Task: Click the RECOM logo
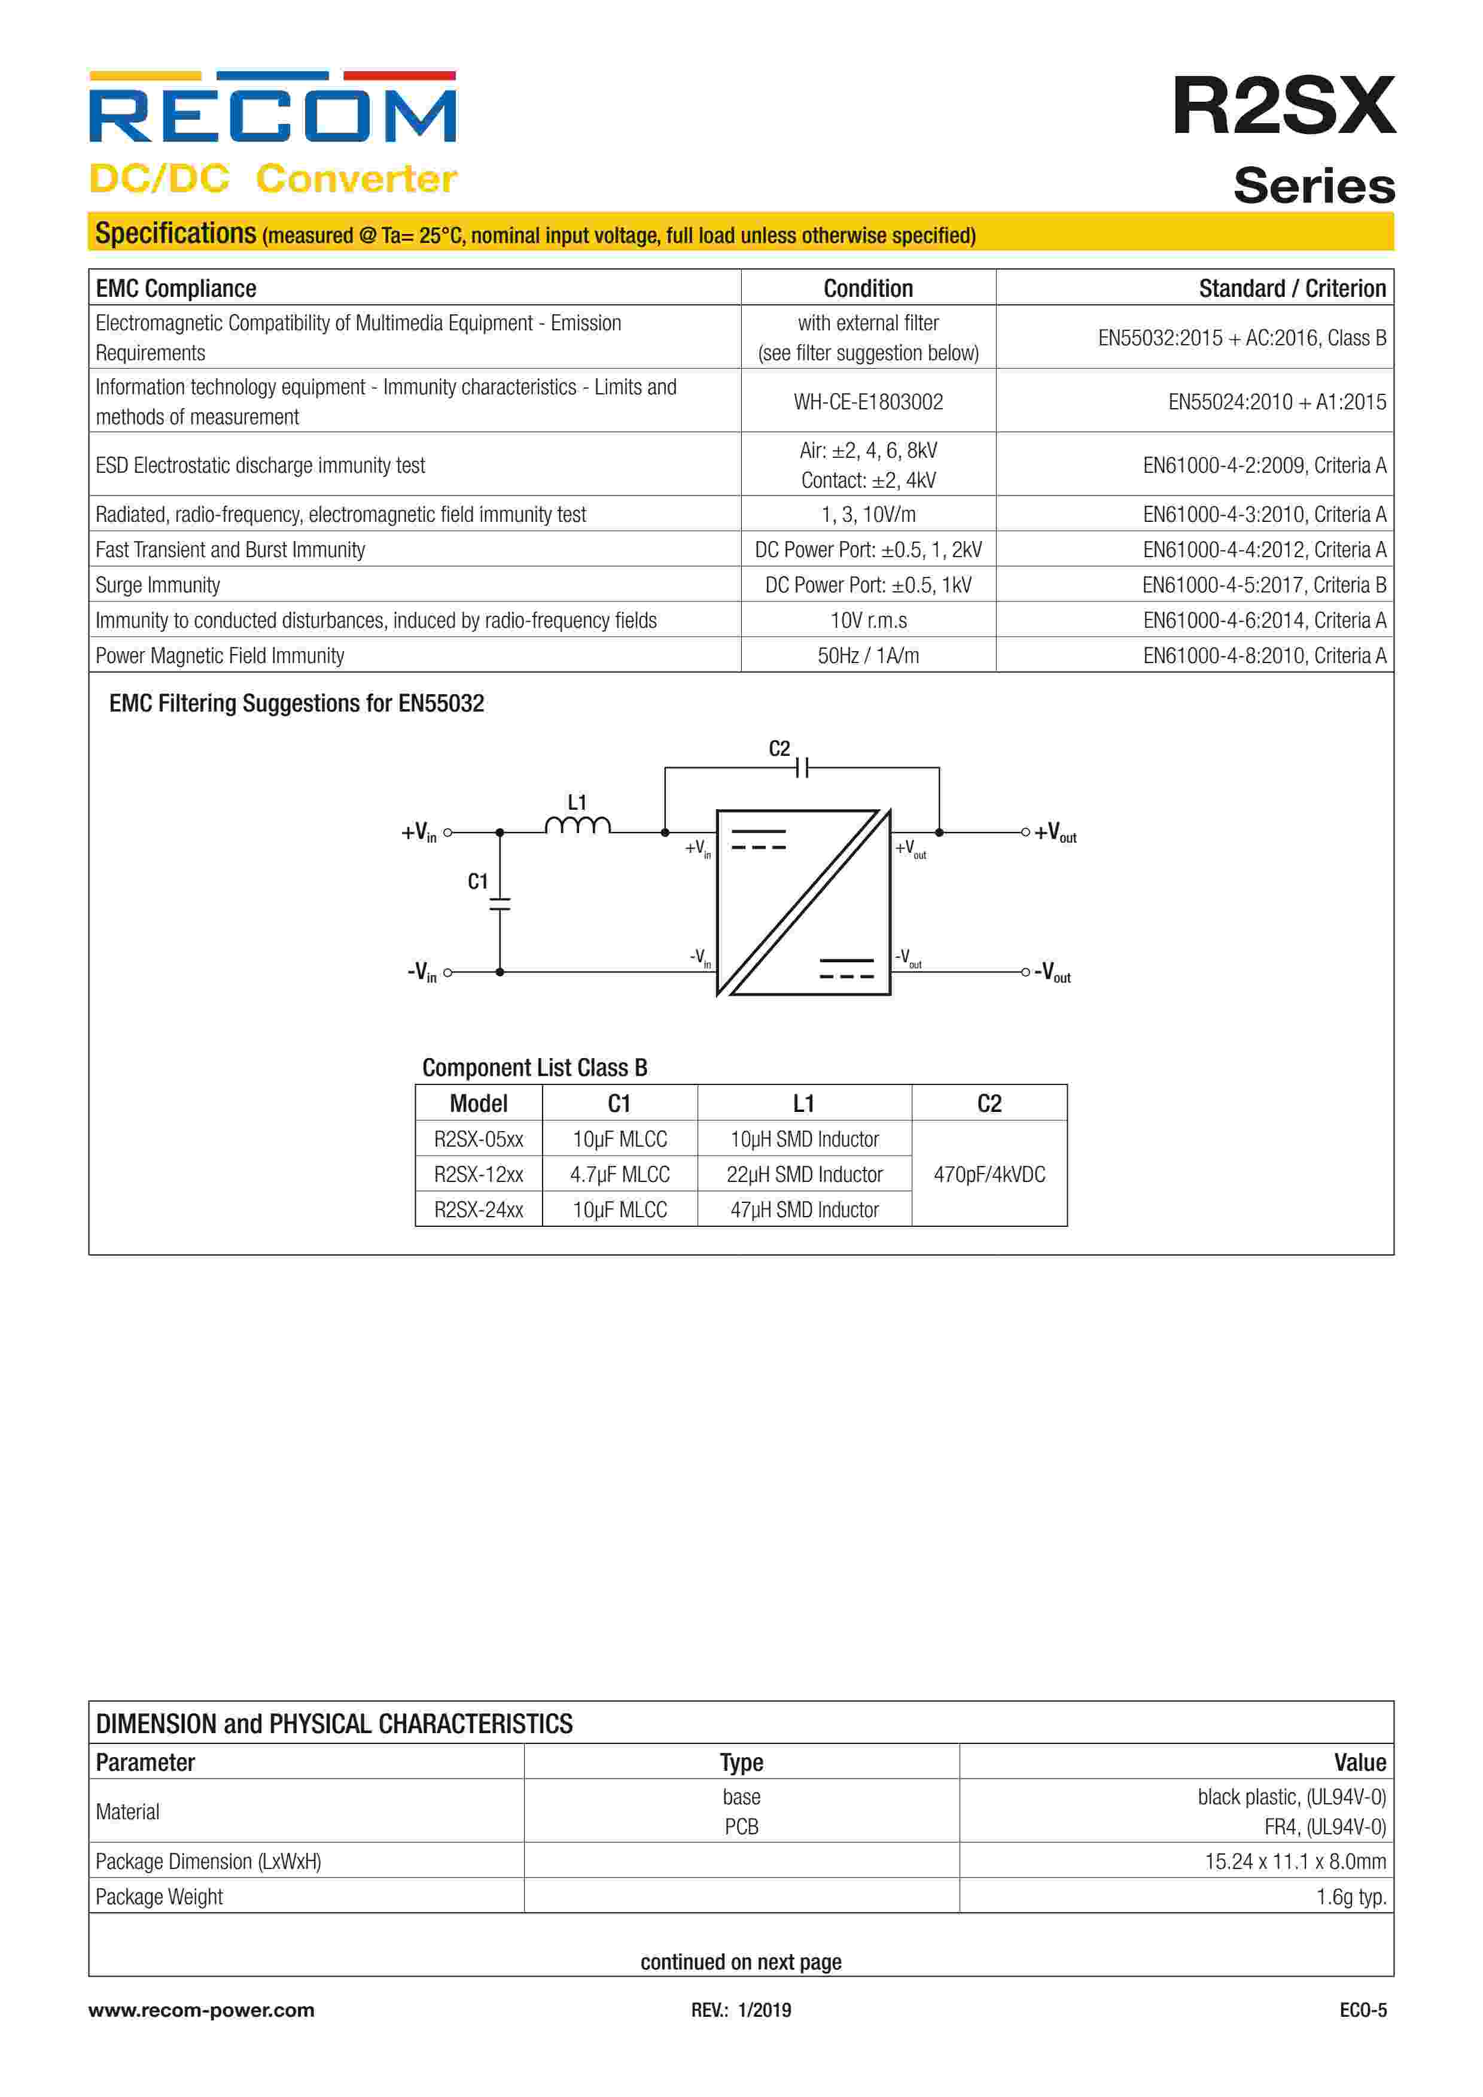pyautogui.click(x=272, y=110)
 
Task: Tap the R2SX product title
pyautogui.click(x=1283, y=106)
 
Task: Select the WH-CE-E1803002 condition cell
pyautogui.click(x=867, y=402)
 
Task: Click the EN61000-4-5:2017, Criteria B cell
pyautogui.click(x=1264, y=585)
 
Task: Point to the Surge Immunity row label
pyautogui.click(x=158, y=585)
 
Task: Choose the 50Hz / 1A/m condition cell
pyautogui.click(x=867, y=656)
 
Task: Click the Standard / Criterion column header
pyautogui.click(x=1291, y=288)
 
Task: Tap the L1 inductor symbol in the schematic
pyautogui.click(x=577, y=826)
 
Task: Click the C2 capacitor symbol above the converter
pyautogui.click(x=801, y=768)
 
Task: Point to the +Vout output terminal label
pyautogui.click(x=1056, y=833)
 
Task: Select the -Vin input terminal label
pyautogui.click(x=422, y=972)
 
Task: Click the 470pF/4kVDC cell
pyautogui.click(x=989, y=1175)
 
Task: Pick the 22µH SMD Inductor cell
pyautogui.click(x=803, y=1175)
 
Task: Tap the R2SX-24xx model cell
pyautogui.click(x=479, y=1210)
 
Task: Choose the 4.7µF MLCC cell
pyautogui.click(x=619, y=1175)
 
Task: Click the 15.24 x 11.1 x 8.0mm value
pyautogui.click(x=1295, y=1861)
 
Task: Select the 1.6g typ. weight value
pyautogui.click(x=1351, y=1897)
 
